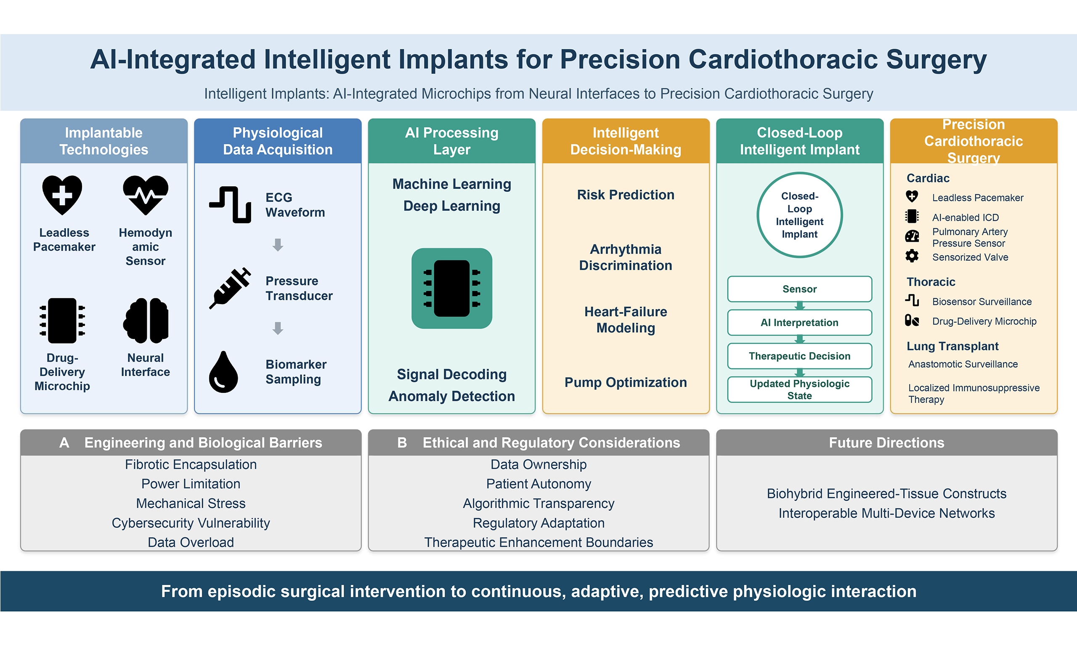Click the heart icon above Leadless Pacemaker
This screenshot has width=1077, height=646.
pos(62,195)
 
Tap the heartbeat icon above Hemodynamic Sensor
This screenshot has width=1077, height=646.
pos(146,195)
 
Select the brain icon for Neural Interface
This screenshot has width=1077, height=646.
pos(146,320)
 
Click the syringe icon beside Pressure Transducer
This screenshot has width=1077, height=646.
pos(230,288)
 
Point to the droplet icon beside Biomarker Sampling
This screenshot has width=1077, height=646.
pos(223,372)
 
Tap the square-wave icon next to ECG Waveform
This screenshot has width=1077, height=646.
pos(230,204)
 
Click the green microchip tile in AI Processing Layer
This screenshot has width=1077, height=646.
pos(452,288)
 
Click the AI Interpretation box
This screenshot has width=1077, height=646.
pos(800,323)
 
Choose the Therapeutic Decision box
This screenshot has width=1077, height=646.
pos(800,356)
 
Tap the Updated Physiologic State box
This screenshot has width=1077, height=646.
pos(800,389)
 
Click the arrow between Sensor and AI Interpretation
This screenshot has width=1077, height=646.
pos(800,306)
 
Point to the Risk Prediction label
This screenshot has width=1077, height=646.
pos(626,195)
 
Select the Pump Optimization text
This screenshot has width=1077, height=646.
pos(626,382)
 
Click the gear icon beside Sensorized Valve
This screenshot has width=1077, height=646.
pos(912,256)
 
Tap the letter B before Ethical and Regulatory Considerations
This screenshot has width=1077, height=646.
pos(402,443)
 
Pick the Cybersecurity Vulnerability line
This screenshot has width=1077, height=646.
pos(191,523)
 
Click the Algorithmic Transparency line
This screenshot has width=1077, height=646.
pos(538,504)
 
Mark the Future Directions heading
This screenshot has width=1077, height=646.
pos(887,443)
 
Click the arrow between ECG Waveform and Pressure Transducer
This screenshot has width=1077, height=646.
pos(278,245)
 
